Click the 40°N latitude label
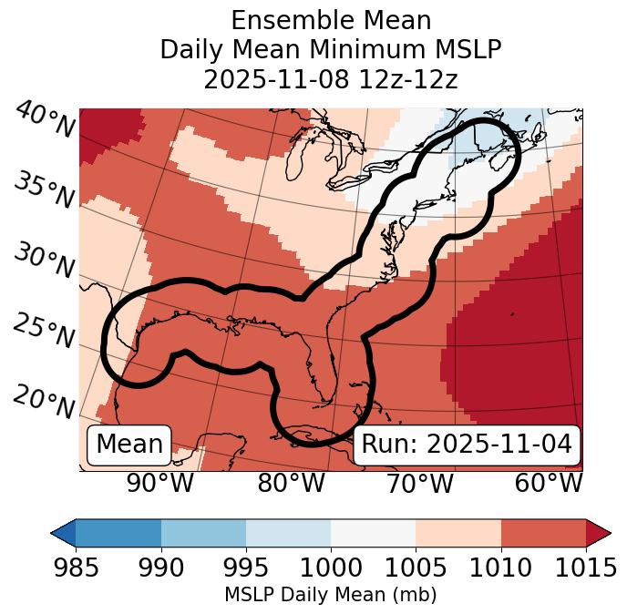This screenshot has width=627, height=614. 44,120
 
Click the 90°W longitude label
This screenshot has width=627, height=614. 160,484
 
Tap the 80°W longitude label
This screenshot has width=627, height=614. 291,484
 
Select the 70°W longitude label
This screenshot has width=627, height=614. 418,484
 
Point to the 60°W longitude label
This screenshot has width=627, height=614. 548,484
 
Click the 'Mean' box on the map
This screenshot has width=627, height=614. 129,445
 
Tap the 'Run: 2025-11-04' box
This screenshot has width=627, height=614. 467,445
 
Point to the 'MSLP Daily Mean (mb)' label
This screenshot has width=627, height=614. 331,596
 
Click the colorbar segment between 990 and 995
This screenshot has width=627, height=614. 203,533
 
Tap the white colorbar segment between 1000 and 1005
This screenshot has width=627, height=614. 373,533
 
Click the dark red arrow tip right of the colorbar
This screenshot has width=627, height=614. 599,533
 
